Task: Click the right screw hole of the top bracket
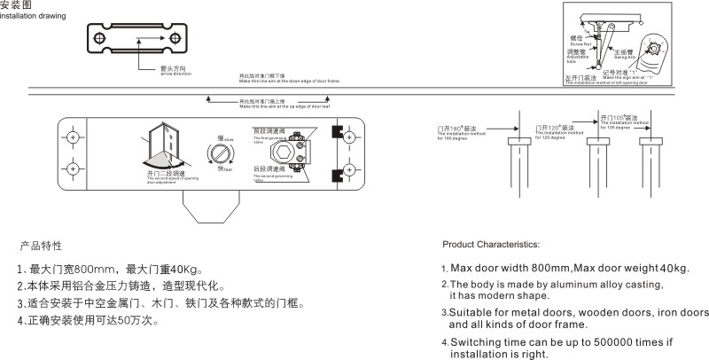(175, 37)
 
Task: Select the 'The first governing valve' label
(268, 139)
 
